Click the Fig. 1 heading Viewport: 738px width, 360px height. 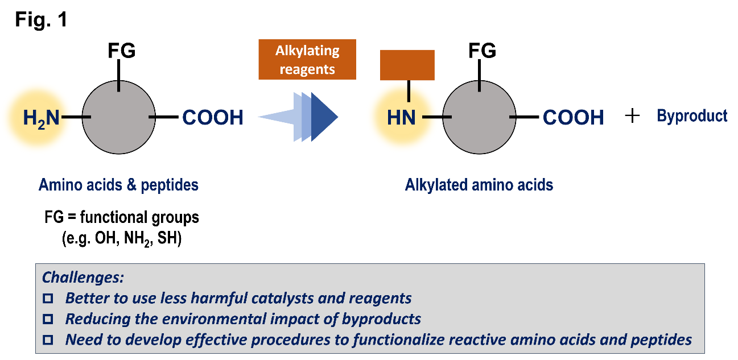coord(40,20)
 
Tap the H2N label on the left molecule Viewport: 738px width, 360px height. coord(41,118)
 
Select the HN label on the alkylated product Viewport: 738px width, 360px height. coord(401,118)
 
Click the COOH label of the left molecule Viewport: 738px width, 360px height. coord(213,118)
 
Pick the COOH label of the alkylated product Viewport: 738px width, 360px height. coord(573,118)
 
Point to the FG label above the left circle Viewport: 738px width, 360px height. coord(122,51)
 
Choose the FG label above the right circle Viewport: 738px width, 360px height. coord(482,51)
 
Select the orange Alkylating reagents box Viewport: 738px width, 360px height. coord(307,59)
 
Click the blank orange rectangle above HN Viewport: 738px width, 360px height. coord(407,65)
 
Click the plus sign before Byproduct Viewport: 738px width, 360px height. coord(632,116)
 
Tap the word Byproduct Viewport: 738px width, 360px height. coord(692,116)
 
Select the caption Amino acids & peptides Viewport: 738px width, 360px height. coord(118,185)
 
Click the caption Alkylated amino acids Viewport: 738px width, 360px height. coord(479,185)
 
